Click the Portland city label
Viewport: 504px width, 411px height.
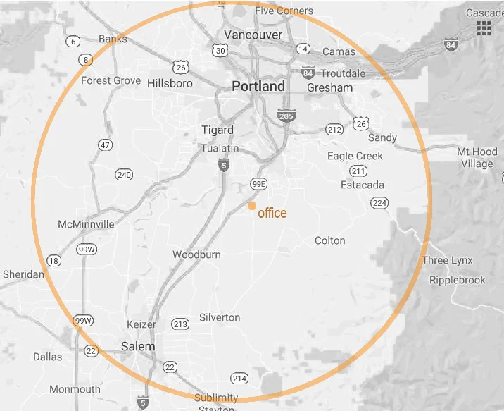258,87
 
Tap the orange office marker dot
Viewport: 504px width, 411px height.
251,206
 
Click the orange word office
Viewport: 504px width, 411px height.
272,213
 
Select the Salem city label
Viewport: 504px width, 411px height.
138,346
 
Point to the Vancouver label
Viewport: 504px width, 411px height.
253,35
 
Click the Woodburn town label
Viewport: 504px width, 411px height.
196,254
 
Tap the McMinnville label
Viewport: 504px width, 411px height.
87,224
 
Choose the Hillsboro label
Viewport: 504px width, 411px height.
170,83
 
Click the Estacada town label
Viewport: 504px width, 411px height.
363,185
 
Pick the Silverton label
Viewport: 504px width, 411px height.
220,317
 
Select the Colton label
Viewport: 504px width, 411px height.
329,240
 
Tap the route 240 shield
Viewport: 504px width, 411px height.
124,175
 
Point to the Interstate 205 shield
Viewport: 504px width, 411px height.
286,116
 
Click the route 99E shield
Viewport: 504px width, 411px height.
259,184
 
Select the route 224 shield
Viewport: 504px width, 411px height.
379,203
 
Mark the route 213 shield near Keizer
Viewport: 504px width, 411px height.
180,324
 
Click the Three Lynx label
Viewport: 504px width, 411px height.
447,260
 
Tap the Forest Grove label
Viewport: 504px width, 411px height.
111,80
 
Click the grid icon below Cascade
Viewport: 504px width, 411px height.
484,28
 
